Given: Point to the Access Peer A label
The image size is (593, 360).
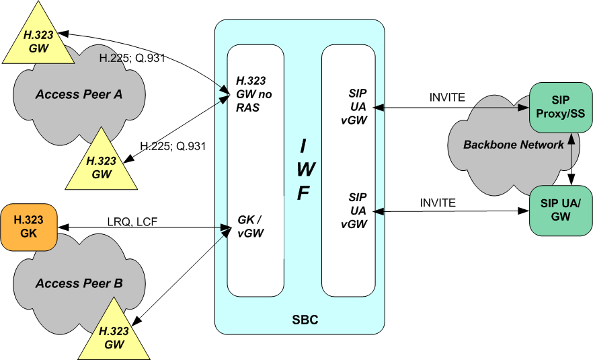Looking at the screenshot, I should [x=79, y=94].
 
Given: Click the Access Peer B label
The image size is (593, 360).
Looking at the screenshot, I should [x=79, y=283].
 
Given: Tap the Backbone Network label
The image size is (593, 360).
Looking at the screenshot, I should [x=504, y=145].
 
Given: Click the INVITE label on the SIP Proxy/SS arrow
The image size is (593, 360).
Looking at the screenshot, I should [x=446, y=97].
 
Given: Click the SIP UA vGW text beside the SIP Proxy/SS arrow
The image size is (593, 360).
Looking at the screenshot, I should [x=354, y=106].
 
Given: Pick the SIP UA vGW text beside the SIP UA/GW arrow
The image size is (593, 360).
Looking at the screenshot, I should [x=354, y=210].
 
